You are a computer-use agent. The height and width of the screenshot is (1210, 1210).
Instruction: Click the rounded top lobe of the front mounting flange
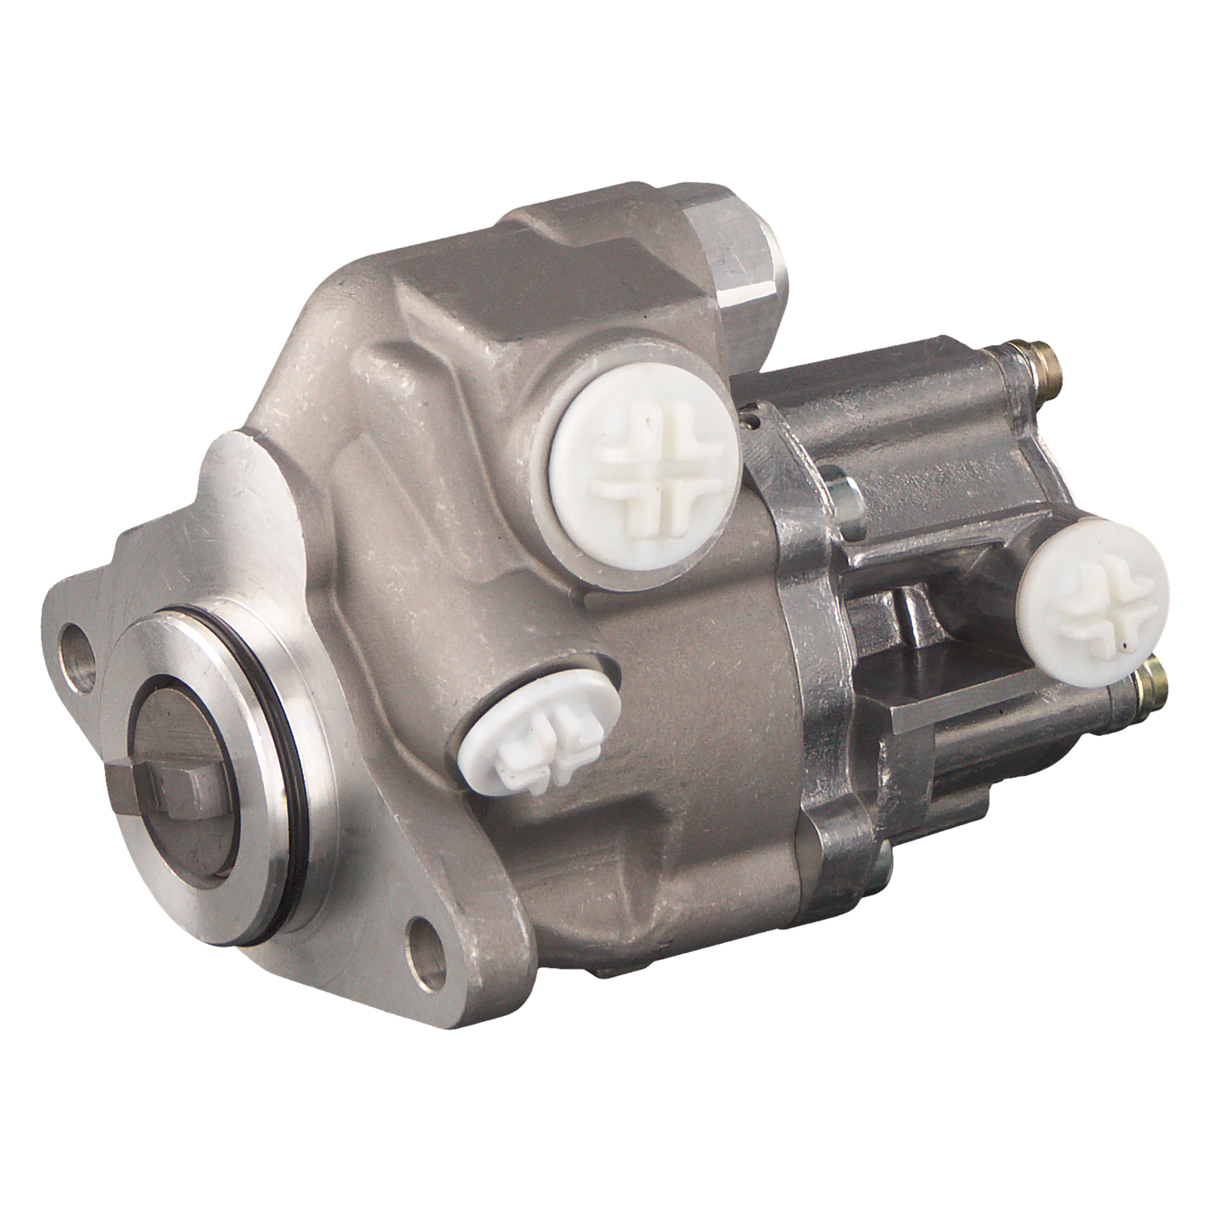point(238,468)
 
